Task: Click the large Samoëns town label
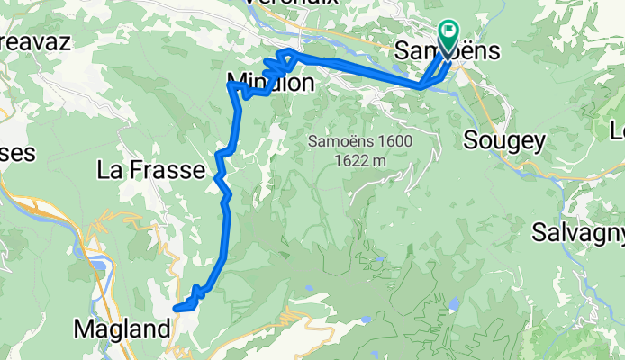(448, 50)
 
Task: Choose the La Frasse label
(150, 168)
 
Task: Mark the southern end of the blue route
(177, 308)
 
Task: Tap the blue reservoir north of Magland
(102, 269)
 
